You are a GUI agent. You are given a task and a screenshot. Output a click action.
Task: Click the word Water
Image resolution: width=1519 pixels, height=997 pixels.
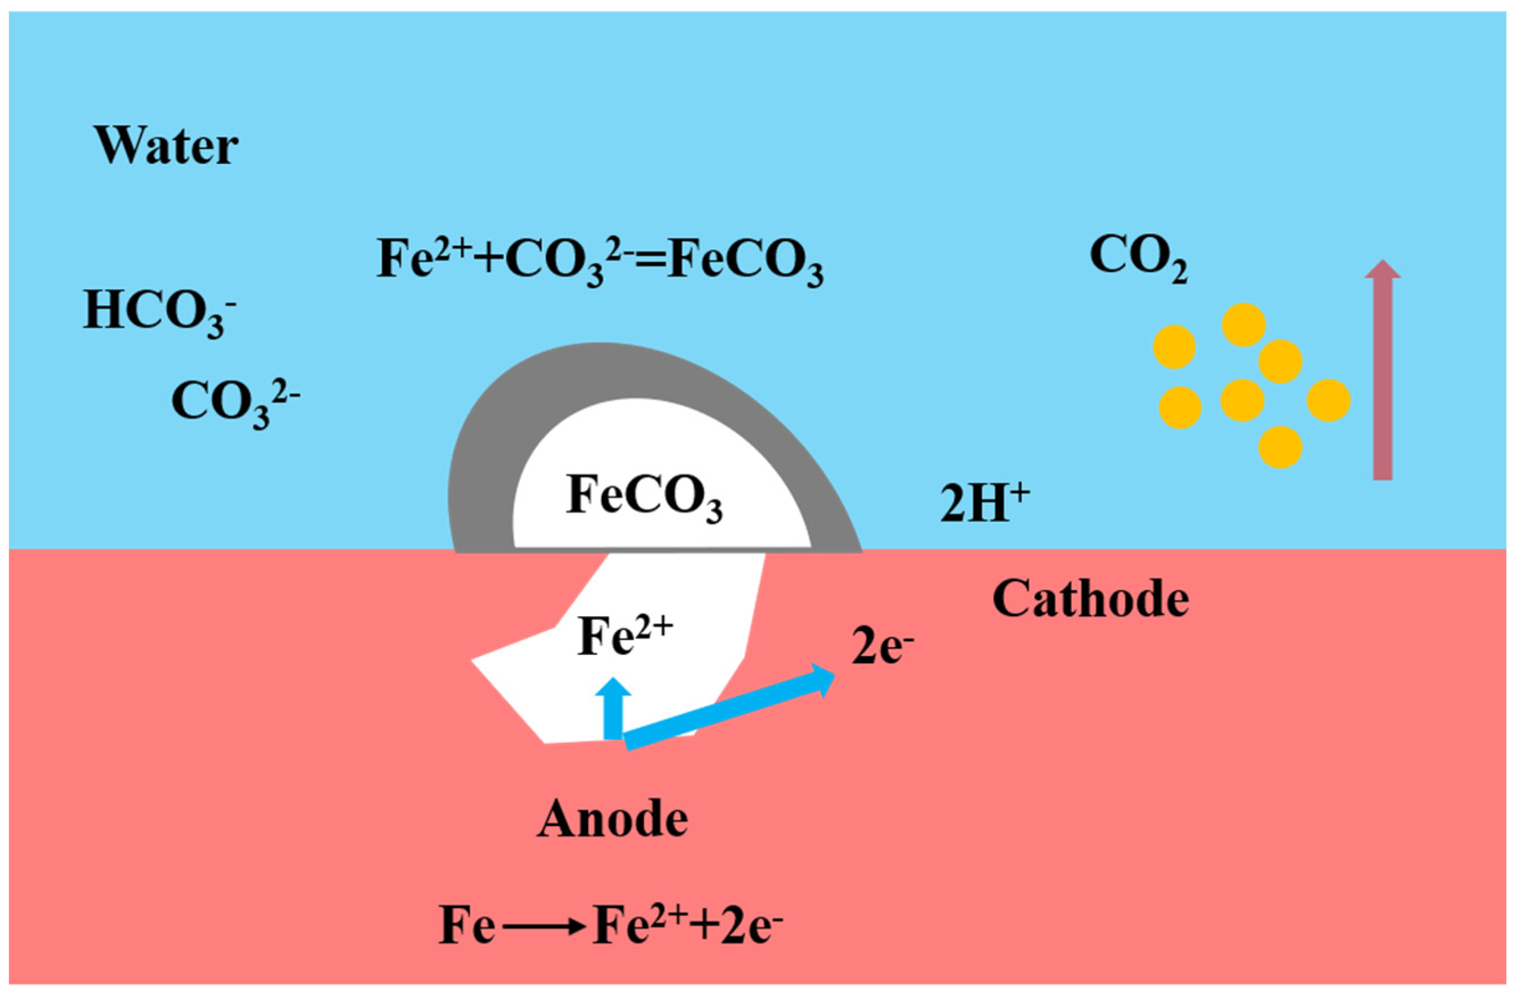click(167, 146)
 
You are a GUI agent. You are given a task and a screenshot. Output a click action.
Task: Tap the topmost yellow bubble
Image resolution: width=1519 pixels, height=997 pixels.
click(1243, 324)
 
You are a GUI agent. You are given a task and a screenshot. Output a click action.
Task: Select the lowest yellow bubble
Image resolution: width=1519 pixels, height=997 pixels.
click(1279, 447)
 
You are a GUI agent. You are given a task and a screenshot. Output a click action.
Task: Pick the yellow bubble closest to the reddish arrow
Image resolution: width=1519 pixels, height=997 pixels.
click(1328, 400)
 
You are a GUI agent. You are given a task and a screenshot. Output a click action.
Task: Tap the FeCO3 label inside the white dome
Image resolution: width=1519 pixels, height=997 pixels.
click(643, 497)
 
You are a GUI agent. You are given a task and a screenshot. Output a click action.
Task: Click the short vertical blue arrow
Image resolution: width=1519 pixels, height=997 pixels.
click(613, 708)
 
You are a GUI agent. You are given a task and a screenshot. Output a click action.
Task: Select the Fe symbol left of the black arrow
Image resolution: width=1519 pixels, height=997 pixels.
click(467, 928)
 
